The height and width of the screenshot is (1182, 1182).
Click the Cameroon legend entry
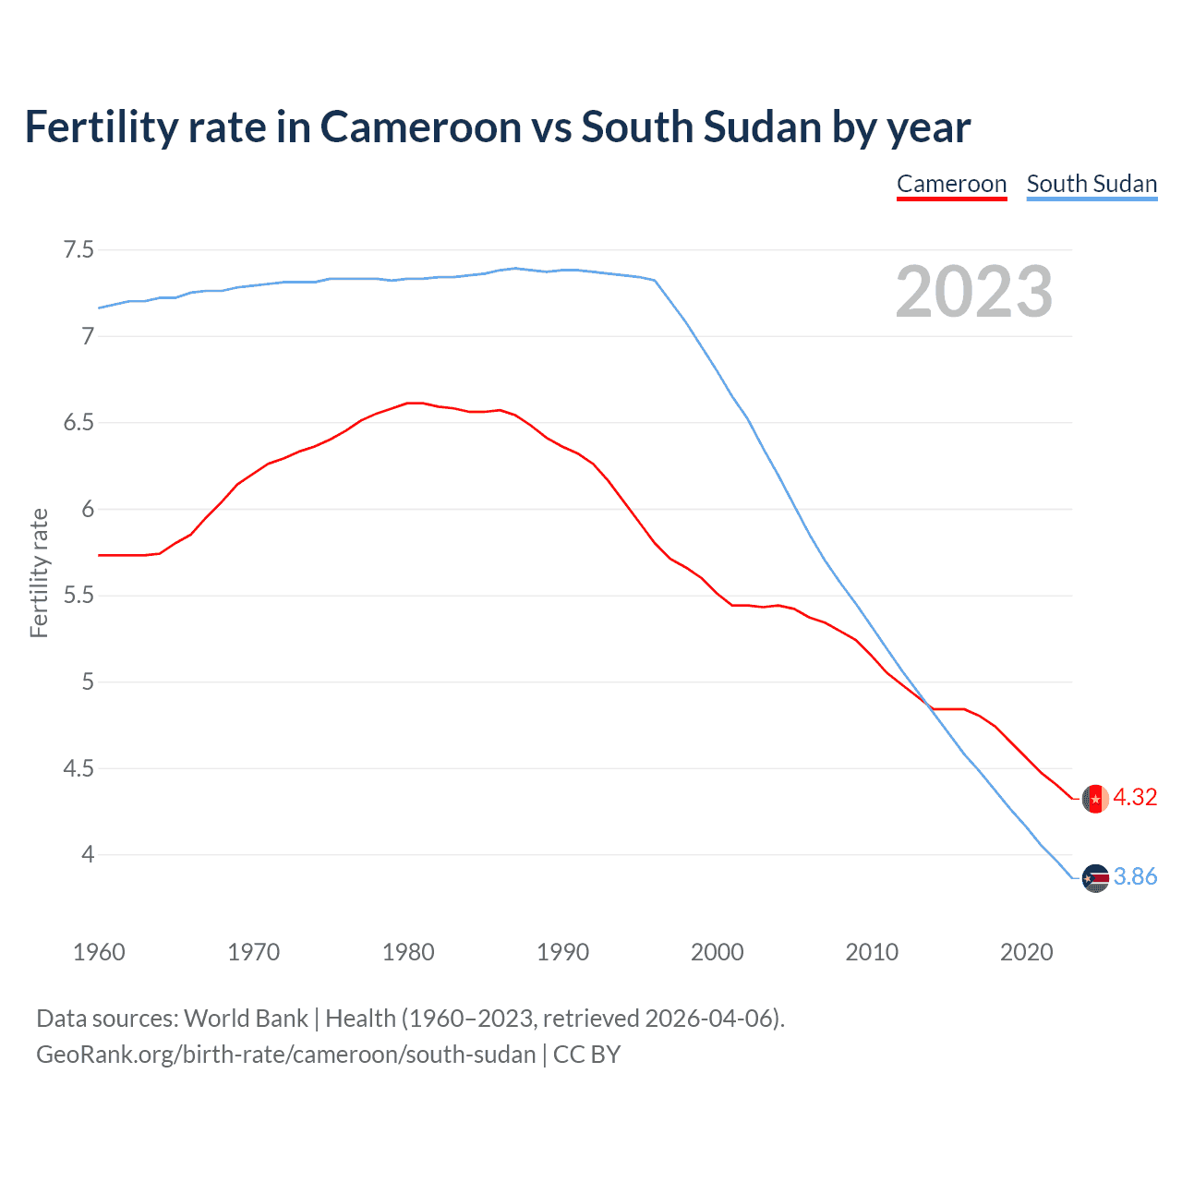click(951, 184)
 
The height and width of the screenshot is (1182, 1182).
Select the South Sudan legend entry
click(1092, 184)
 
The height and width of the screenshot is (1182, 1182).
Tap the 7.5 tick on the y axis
click(78, 249)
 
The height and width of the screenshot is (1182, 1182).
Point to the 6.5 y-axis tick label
click(78, 422)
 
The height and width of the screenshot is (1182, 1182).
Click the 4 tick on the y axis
click(88, 854)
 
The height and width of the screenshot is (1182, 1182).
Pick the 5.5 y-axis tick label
click(78, 595)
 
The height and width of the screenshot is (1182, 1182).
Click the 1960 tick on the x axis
click(99, 952)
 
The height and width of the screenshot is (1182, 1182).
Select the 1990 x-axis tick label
click(562, 952)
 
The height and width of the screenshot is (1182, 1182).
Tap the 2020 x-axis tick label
click(1026, 952)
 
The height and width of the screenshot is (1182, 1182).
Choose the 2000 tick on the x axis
click(717, 952)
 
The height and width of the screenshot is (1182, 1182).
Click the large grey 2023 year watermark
click(974, 292)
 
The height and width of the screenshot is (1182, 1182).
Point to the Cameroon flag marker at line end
click(1095, 799)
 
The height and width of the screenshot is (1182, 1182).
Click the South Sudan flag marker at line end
click(1095, 878)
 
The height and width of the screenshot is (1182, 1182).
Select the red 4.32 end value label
click(1135, 797)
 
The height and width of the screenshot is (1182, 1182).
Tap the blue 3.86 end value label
click(1135, 876)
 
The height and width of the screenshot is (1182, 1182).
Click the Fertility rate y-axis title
click(39, 573)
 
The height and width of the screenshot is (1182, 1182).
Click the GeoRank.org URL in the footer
click(286, 1054)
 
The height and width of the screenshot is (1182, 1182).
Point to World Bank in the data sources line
click(246, 1018)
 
